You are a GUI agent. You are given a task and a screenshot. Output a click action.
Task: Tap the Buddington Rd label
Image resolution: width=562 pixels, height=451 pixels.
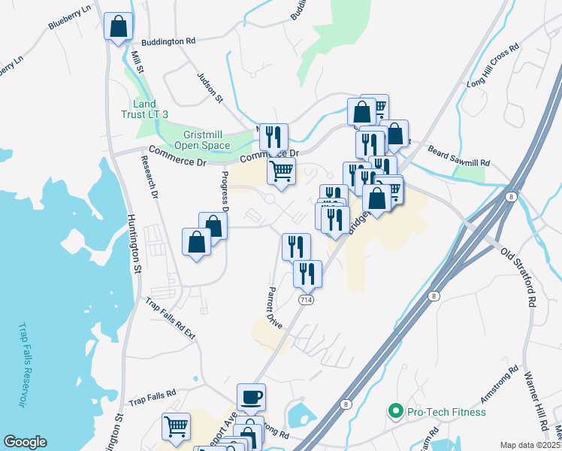point(168,41)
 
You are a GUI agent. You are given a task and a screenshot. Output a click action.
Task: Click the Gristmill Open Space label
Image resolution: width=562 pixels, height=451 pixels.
point(201,139)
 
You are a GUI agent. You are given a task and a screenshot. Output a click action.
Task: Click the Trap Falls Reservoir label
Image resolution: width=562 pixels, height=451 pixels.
point(22,365)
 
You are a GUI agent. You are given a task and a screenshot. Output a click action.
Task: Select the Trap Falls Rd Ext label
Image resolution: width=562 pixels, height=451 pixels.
point(171,321)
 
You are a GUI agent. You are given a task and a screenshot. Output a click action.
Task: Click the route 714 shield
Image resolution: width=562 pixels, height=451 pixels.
point(306,300)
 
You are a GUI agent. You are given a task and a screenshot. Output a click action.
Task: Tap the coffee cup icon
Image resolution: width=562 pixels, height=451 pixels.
point(251,396)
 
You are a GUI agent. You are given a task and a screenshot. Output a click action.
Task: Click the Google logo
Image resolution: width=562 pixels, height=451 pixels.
point(26,442)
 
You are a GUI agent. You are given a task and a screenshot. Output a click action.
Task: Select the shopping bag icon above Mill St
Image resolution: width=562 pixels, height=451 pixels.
point(118,26)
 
